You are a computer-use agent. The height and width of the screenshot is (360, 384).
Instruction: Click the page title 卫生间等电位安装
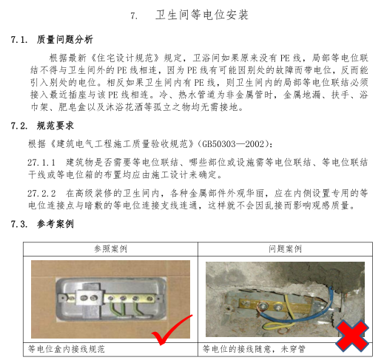(202, 16)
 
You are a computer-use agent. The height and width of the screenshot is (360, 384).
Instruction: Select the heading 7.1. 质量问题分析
(52, 39)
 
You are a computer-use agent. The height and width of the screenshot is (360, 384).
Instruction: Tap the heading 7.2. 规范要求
(42, 126)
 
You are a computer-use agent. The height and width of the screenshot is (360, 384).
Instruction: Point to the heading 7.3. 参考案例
(42, 224)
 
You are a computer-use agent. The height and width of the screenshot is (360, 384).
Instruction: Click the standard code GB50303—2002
(235, 143)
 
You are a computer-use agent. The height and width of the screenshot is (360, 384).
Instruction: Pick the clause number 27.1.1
(41, 163)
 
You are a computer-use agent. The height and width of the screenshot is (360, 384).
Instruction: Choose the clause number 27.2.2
(41, 194)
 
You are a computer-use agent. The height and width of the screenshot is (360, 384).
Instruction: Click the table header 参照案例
(110, 249)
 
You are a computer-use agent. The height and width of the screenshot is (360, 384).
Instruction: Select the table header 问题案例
(285, 249)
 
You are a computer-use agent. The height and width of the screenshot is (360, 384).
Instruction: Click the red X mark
(352, 336)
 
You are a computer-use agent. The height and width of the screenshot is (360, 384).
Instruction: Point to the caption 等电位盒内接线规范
(67, 349)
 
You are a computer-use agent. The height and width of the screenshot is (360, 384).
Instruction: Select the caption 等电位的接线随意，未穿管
(254, 349)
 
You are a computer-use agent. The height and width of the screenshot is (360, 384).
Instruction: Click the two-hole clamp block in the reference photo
(89, 298)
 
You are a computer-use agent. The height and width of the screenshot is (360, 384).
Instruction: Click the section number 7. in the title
(134, 16)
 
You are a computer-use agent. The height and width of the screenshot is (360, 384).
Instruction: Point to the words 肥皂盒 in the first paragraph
(72, 107)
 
